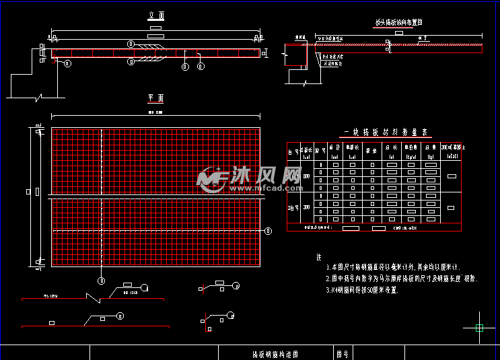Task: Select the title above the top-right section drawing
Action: tap(398, 23)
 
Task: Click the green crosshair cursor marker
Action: tap(480, 328)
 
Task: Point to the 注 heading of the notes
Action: tap(318, 257)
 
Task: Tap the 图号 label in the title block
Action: tap(342, 353)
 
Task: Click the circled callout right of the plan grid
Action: tap(269, 231)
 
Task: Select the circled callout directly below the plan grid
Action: tap(102, 279)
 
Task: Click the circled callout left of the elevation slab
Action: tap(67, 64)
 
